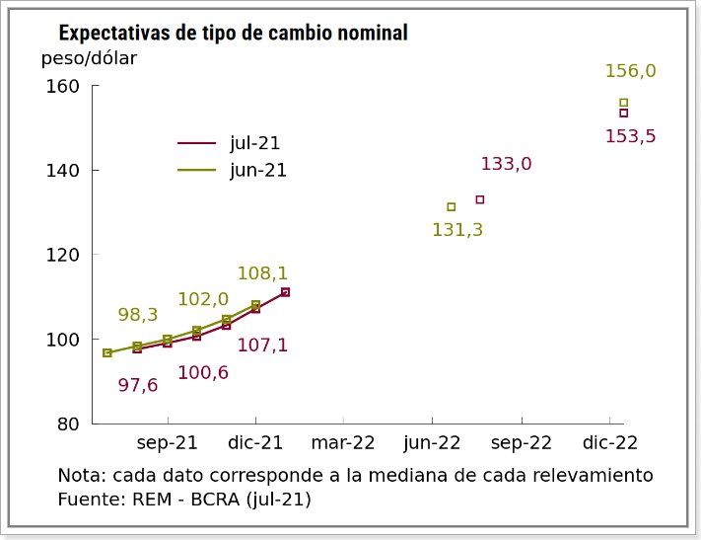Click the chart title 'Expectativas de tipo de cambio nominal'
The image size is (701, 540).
point(233,34)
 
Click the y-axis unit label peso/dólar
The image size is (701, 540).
point(89,58)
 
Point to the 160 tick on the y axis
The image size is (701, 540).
point(63,86)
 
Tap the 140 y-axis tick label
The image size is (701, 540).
point(63,171)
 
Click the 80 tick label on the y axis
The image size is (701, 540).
point(68,424)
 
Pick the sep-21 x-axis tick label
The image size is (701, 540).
point(168,443)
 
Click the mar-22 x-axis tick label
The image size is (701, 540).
point(344,443)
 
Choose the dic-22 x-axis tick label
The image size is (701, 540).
point(609,443)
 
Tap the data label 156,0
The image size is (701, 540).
point(630,71)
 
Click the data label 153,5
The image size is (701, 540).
point(630,136)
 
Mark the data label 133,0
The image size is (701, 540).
point(506,164)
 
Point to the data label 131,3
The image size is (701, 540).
point(457,230)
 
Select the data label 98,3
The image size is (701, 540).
point(138,315)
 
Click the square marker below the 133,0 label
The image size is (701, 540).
point(480,199)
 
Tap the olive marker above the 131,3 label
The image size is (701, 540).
point(452,207)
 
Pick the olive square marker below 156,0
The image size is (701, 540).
point(623,102)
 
